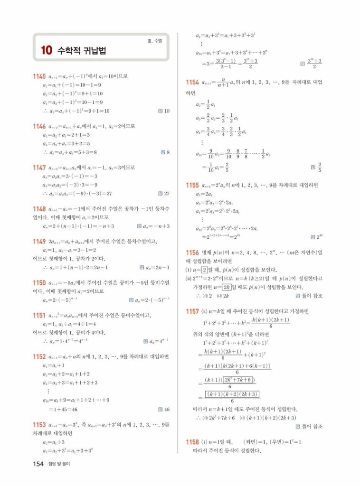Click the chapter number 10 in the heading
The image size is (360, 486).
46,50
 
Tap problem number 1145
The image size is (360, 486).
39,76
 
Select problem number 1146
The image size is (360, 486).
39,127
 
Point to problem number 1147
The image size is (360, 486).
39,168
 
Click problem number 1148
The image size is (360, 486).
39,209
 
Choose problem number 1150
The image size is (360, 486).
39,282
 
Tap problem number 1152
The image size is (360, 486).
39,356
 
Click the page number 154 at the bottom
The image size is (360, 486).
38,464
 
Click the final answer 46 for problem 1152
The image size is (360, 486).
167,409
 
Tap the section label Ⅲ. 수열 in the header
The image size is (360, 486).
154,41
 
